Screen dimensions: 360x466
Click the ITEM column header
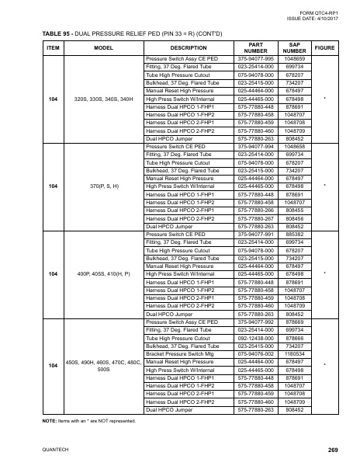(x=54, y=47)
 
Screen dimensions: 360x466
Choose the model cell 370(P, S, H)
(x=105, y=186)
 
